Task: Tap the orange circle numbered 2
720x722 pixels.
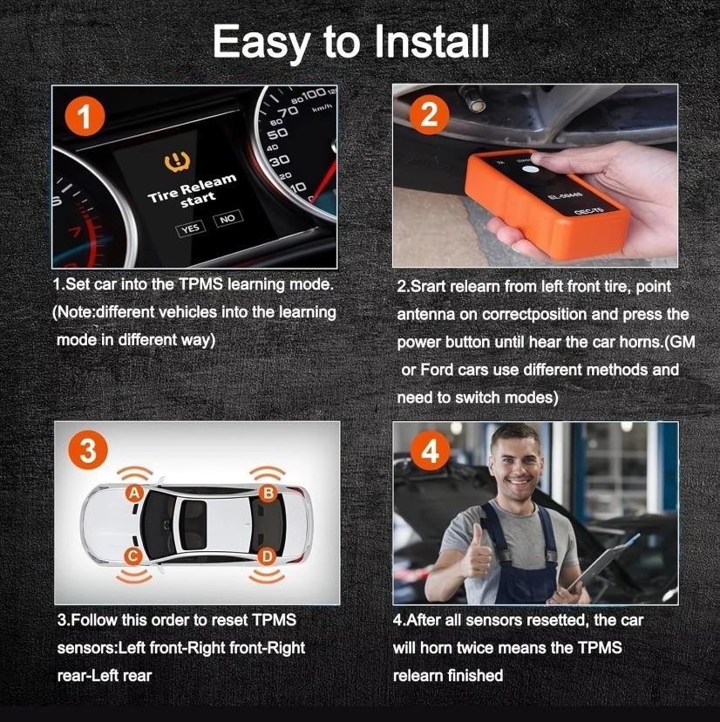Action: pos(428,116)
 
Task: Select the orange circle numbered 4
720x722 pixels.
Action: pos(429,452)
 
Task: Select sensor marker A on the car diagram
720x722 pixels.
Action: pos(134,494)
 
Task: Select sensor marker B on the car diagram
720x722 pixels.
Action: pos(268,494)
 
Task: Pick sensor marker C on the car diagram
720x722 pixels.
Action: pos(134,555)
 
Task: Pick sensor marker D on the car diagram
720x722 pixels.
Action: pos(268,555)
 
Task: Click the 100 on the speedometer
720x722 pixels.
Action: pos(313,93)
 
